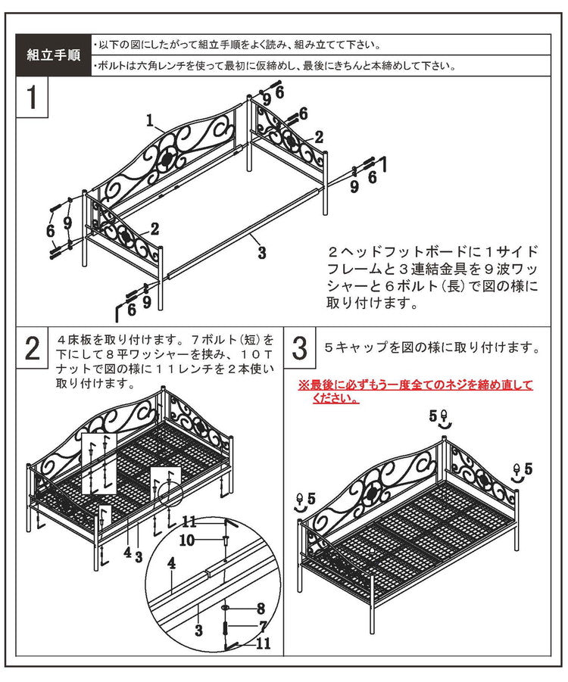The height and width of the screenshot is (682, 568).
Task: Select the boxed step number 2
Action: tap(32, 349)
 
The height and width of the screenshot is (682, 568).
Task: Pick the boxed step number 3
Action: tap(299, 349)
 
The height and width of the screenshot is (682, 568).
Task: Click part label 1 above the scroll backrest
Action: tap(151, 120)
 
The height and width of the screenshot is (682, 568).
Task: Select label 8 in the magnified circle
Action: tap(260, 608)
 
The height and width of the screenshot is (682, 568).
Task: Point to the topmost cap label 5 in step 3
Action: tap(434, 416)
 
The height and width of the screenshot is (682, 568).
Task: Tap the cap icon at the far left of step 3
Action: tap(300, 500)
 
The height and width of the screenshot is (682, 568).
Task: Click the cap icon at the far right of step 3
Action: tap(517, 471)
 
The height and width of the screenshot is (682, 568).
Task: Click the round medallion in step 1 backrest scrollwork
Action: tap(168, 159)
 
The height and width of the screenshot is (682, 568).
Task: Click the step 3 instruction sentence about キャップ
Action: tap(432, 349)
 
